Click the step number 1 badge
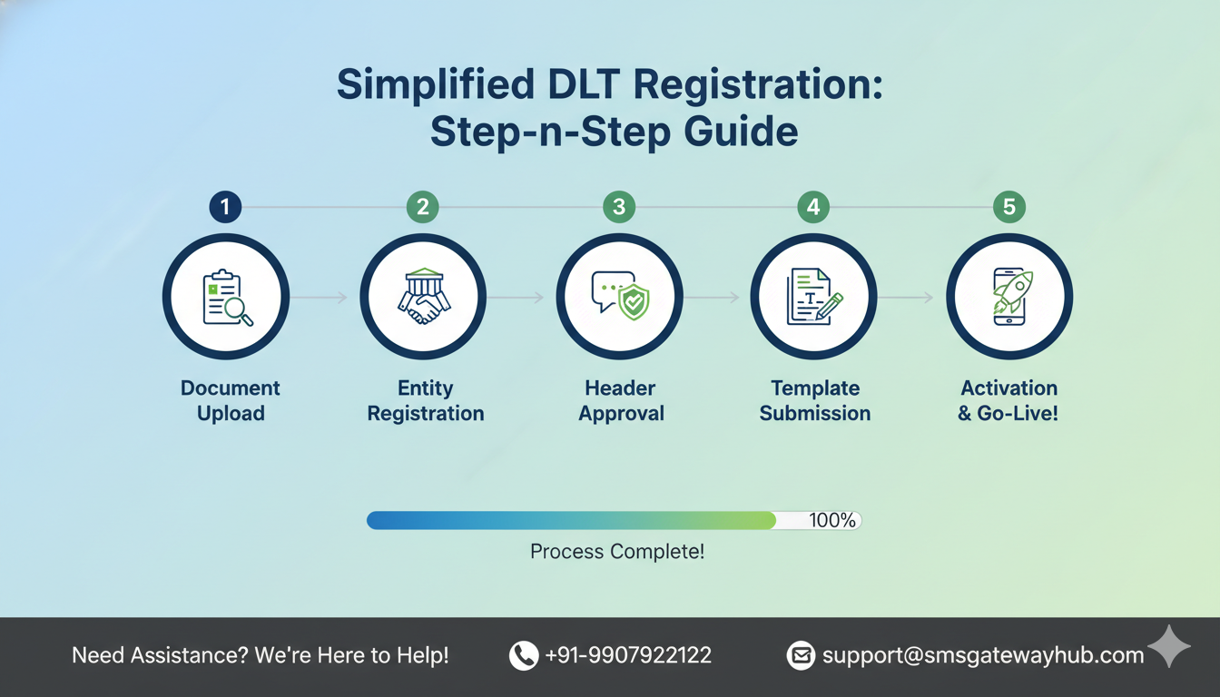225,207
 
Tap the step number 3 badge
618,207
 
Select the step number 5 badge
1008,207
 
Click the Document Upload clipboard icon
226,297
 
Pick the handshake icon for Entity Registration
423,297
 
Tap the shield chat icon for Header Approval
619,297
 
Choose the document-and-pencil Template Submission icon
813,297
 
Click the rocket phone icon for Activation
1009,297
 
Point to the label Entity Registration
425,400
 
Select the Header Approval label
621,400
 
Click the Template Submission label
815,400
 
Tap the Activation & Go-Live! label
1009,400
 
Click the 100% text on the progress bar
831,520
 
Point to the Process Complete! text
617,551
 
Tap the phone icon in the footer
524,655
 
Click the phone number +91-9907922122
628,655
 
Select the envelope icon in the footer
801,655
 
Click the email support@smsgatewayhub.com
982,655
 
